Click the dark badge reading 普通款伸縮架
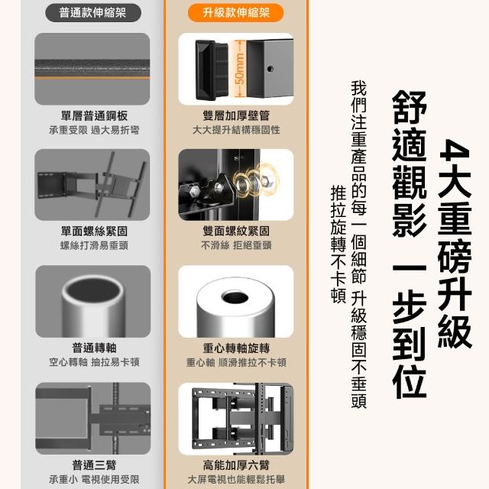pos(93,13)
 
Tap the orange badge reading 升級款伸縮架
pos(236,13)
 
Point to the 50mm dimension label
pos(239,70)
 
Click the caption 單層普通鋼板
pos(94,115)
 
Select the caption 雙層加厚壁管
pos(236,115)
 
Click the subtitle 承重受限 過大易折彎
pos(94,130)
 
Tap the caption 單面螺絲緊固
pos(94,232)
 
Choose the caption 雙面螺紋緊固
pos(236,231)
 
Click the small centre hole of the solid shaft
pos(235,296)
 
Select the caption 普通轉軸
pos(94,348)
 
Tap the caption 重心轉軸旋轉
pos(236,348)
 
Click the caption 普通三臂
pos(94,465)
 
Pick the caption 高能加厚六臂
pos(236,465)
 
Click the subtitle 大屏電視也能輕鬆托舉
pos(236,479)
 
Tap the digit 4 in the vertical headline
pos(455,152)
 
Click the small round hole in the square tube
pos(270,69)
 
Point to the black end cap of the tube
pos(206,70)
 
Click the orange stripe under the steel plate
pos(92,78)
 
